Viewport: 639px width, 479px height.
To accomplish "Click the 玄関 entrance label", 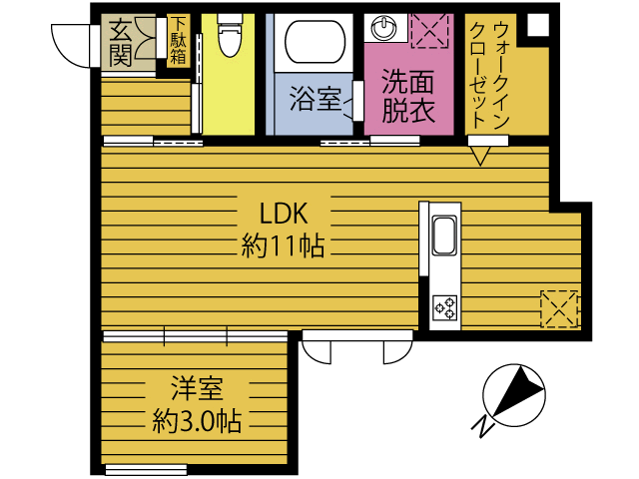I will coord(123,43).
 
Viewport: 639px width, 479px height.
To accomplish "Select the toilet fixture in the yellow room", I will coord(229,39).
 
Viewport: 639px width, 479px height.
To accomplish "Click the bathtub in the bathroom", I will coord(315,43).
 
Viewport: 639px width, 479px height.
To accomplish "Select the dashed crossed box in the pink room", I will coord(430,30).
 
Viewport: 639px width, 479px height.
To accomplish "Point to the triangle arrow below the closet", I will coord(481,155).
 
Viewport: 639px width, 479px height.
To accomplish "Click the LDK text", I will coord(282,213).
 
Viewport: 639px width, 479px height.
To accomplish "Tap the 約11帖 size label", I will coord(283,245).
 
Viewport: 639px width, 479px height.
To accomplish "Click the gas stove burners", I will coord(444,307).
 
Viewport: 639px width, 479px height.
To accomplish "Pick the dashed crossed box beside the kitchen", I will coord(558,307).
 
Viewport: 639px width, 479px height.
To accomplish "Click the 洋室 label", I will coord(196,387).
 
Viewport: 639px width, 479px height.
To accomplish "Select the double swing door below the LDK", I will coord(355,350).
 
